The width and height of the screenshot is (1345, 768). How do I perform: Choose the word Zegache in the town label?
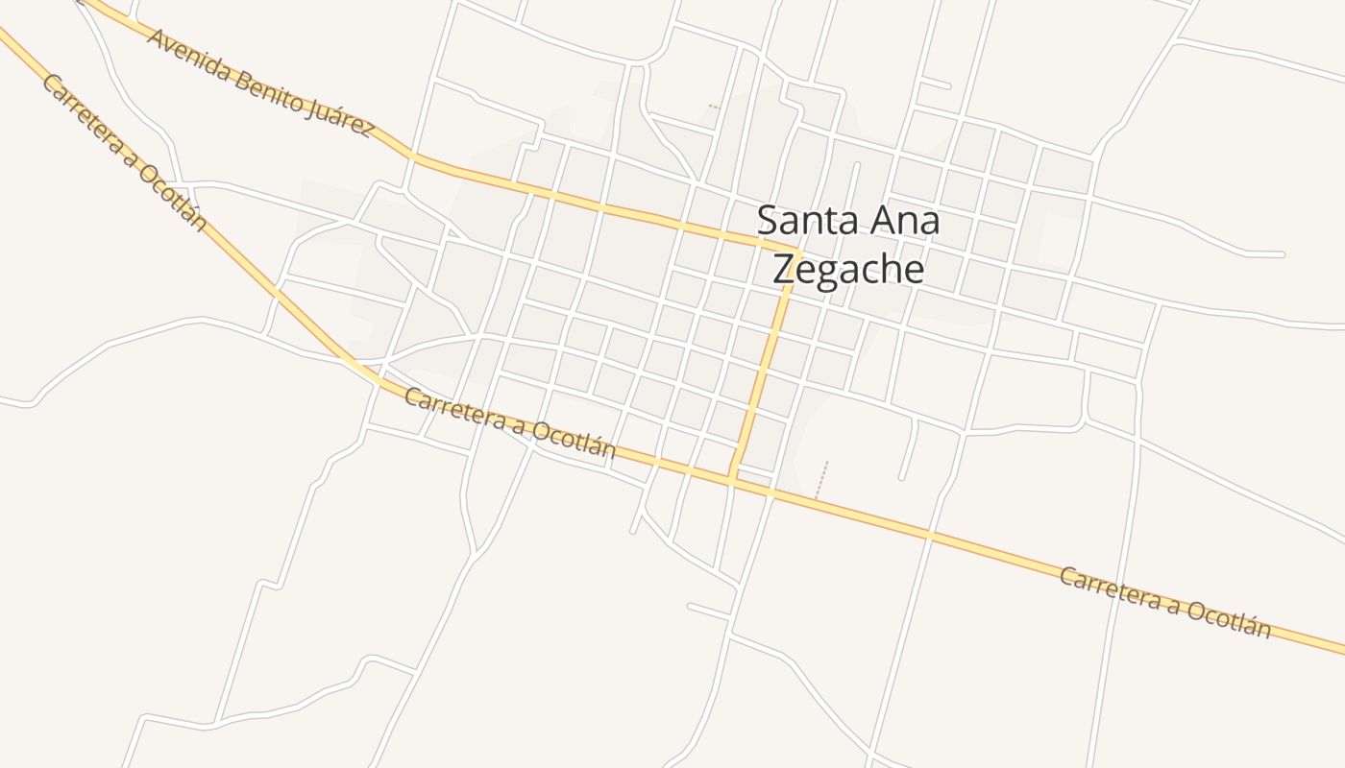tap(848, 270)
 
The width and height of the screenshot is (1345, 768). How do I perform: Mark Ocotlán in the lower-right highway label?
tap(1229, 619)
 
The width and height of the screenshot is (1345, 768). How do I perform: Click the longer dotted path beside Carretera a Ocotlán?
tap(820, 480)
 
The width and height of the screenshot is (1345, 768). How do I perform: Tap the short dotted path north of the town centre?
tap(714, 107)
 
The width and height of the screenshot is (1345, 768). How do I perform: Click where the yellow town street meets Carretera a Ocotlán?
tap(733, 476)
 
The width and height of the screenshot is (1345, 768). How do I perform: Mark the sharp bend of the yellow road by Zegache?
tap(796, 251)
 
